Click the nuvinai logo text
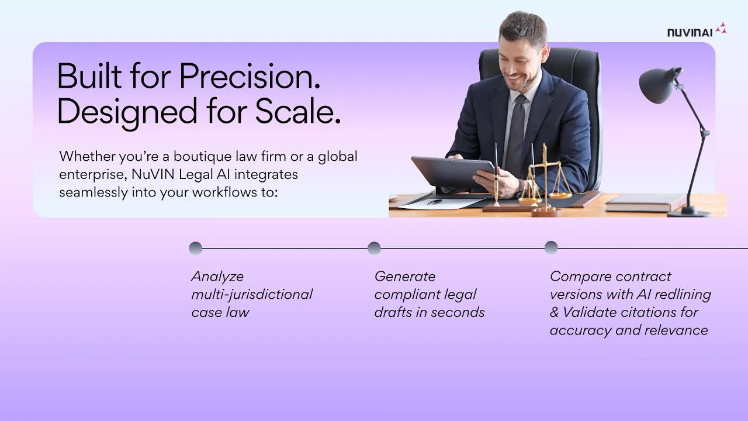690,32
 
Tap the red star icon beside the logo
721,27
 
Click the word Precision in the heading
250,76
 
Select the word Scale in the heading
298,111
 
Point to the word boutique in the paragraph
203,156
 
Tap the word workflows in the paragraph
221,192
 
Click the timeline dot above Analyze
196,249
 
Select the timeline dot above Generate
374,249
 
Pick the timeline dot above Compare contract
551,247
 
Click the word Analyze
217,277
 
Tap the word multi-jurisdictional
252,294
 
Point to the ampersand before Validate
554,312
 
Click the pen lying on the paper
434,202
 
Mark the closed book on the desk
645,202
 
